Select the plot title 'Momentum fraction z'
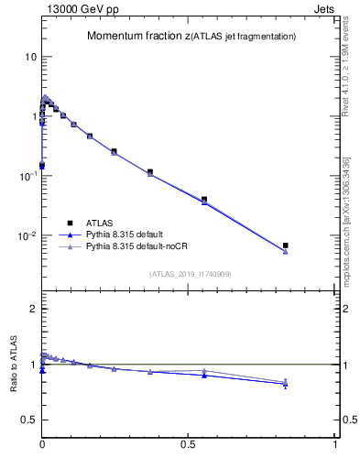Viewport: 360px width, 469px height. click(x=139, y=37)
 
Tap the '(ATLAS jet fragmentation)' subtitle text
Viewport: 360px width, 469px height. click(x=245, y=37)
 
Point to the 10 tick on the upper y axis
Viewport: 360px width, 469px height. click(x=30, y=57)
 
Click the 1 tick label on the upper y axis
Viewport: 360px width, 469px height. click(x=33, y=116)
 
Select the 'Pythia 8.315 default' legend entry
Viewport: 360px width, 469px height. click(x=134, y=234)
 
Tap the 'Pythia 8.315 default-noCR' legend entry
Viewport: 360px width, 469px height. click(x=147, y=247)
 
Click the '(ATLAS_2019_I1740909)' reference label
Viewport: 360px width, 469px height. click(x=190, y=273)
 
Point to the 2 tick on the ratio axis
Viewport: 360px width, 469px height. click(x=33, y=309)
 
